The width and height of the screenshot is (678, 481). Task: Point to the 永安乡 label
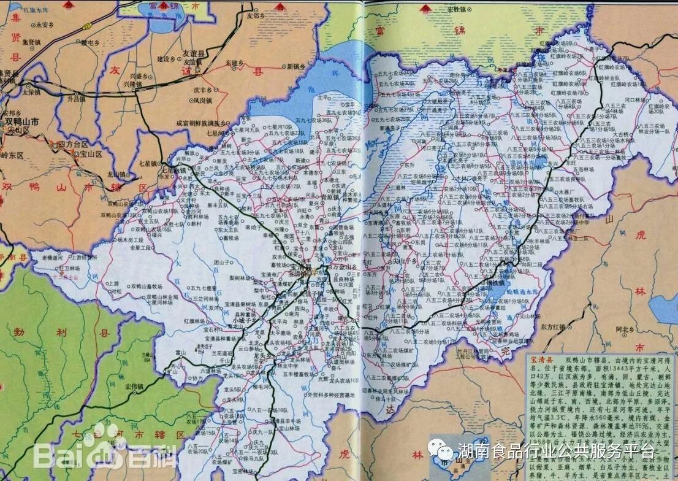point(45,25)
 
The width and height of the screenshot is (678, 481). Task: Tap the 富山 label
point(179,353)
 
